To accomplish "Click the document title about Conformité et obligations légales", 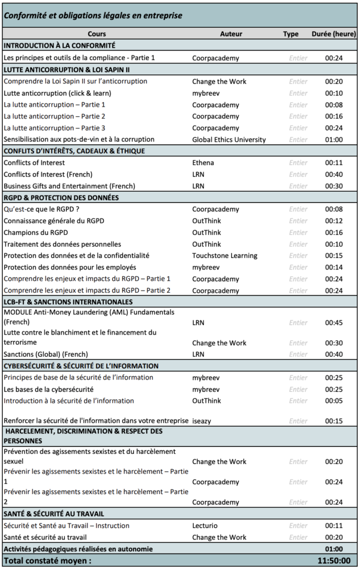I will (x=93, y=16).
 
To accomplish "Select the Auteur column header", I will (x=231, y=34).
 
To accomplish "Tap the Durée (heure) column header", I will (x=334, y=34).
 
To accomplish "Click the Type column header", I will (x=291, y=34).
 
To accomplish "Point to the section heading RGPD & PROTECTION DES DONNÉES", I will (x=61, y=197).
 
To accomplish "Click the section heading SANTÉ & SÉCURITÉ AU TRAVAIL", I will (x=54, y=514).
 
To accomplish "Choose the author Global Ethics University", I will (x=229, y=139).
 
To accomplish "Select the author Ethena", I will (x=203, y=163).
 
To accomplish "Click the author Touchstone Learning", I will (x=225, y=256).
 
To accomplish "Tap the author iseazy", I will (x=203, y=421).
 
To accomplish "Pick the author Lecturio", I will (x=205, y=526).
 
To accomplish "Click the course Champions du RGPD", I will (x=36, y=232).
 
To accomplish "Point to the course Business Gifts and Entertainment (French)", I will (x=69, y=186).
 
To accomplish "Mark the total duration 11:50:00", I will (x=333, y=561).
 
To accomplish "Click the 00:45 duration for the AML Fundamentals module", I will (x=334, y=322).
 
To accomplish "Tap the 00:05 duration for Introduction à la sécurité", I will (x=334, y=401).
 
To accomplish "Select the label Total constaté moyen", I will (x=47, y=561).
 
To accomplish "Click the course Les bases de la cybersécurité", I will (x=49, y=389).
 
